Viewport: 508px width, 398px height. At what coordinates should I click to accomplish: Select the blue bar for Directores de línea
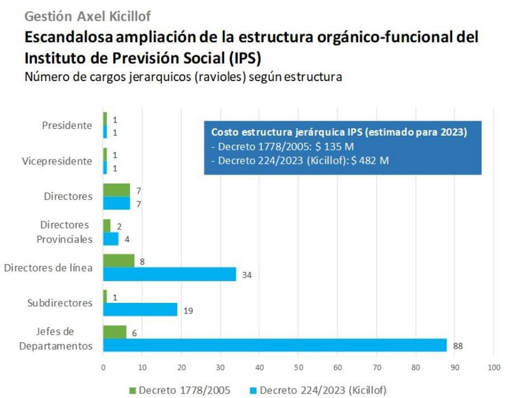[169, 274]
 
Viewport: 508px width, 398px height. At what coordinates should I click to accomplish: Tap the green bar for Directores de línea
[118, 261]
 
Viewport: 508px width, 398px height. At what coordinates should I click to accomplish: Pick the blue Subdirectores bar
[140, 310]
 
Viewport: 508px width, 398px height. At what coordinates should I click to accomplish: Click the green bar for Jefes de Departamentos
[115, 332]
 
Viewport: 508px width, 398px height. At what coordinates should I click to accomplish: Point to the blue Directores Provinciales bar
[111, 239]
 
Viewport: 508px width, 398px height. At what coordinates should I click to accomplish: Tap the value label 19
[187, 311]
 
